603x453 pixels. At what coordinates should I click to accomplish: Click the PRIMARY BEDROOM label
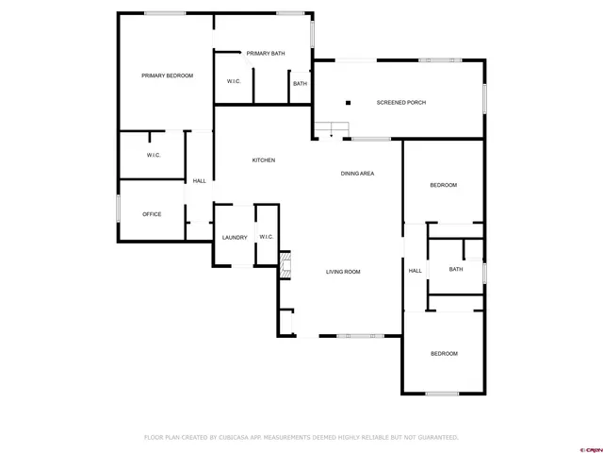coord(167,75)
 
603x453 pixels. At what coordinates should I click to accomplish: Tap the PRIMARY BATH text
coord(266,54)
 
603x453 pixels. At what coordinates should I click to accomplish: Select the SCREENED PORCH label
coord(401,102)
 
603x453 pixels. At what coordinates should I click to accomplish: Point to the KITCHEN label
coord(263,160)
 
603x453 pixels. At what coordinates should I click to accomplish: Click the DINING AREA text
coord(358,174)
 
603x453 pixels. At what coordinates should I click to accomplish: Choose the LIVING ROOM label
coord(343,272)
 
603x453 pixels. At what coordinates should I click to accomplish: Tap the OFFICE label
coord(152,214)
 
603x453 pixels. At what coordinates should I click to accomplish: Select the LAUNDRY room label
coord(235,237)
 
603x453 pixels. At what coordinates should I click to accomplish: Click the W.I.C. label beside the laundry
coord(266,237)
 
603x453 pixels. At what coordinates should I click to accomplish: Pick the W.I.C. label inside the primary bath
coord(234,82)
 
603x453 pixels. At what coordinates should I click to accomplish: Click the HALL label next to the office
coord(199,181)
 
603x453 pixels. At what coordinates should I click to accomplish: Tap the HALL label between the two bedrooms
coord(415,271)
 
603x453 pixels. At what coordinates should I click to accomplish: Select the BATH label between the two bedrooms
coord(455,270)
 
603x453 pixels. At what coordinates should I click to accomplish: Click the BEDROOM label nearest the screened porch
coord(443,185)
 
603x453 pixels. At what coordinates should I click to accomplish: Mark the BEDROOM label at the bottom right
coord(444,353)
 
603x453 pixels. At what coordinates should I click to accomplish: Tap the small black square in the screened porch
coord(348,102)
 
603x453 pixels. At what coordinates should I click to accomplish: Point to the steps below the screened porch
coord(331,130)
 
